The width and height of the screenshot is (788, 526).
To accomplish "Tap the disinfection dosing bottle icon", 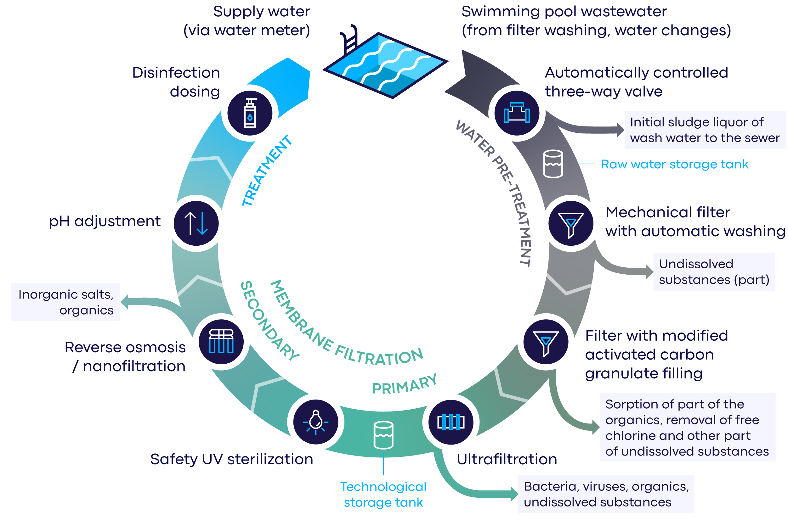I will [250, 113].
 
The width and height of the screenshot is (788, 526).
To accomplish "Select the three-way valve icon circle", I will [517, 113].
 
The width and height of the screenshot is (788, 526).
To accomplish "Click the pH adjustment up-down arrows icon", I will [196, 223].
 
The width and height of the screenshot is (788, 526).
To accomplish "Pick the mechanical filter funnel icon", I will [570, 223].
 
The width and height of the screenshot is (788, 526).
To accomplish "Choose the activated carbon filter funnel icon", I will [545, 342].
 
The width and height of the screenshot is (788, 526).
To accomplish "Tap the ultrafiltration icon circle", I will [451, 422].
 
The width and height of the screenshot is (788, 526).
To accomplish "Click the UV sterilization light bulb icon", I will [315, 422].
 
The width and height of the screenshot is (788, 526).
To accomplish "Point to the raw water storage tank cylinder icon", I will [553, 164].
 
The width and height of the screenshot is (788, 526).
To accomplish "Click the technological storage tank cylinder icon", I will [383, 435].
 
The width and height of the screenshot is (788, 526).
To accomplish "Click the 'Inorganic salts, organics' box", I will [66, 302].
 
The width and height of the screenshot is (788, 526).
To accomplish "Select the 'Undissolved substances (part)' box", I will [713, 271].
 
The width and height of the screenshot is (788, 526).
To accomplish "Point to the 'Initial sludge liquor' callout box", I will [705, 130].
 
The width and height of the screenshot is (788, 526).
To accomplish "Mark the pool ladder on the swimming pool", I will [349, 40].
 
